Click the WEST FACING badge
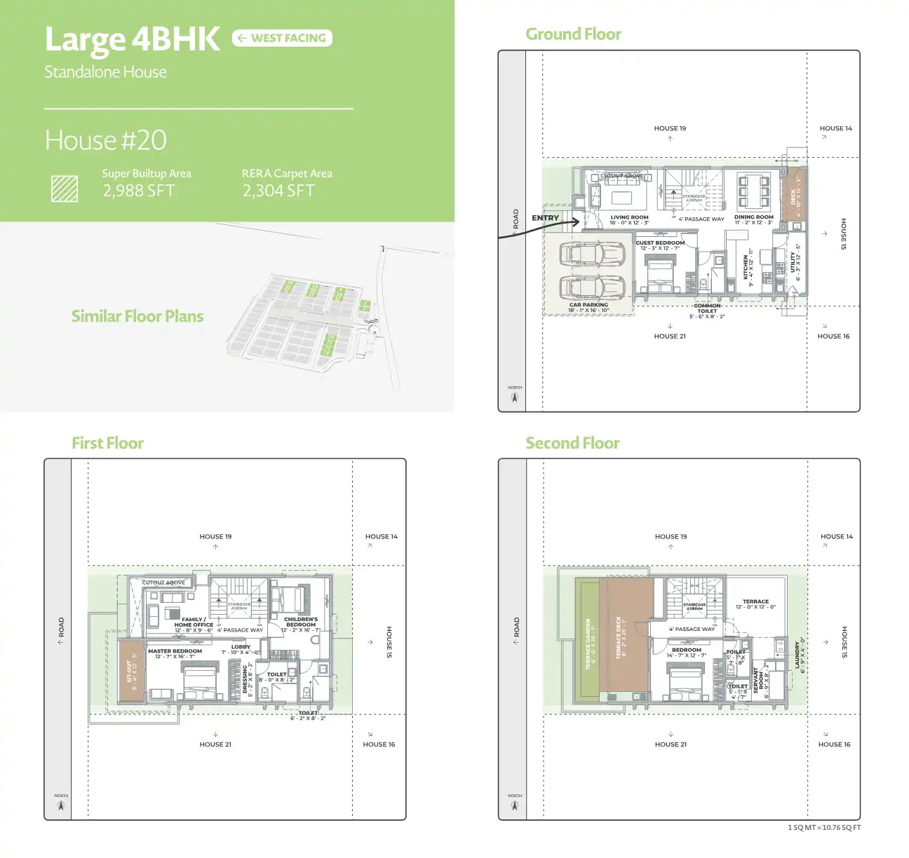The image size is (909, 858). point(282,38)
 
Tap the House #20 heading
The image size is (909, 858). point(105,140)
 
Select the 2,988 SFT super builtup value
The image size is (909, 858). point(138,191)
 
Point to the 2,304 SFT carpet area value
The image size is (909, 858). point(278,191)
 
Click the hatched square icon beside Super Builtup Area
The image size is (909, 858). point(65,189)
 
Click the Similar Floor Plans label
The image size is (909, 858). point(137,316)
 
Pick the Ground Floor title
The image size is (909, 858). point(573,34)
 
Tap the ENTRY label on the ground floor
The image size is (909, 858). point(545,218)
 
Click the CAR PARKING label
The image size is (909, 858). point(588,305)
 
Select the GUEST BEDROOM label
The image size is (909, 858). point(660,243)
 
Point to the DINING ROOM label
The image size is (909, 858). point(754,217)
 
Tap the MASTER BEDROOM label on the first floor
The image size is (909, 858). point(175,651)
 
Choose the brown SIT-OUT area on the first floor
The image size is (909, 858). point(130,670)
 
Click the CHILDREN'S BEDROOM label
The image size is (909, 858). point(301,622)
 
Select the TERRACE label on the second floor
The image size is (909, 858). point(755,601)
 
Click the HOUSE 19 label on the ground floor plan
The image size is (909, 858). point(670,128)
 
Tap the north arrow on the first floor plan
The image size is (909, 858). point(61,806)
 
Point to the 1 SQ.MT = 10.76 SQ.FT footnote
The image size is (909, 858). point(823,828)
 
